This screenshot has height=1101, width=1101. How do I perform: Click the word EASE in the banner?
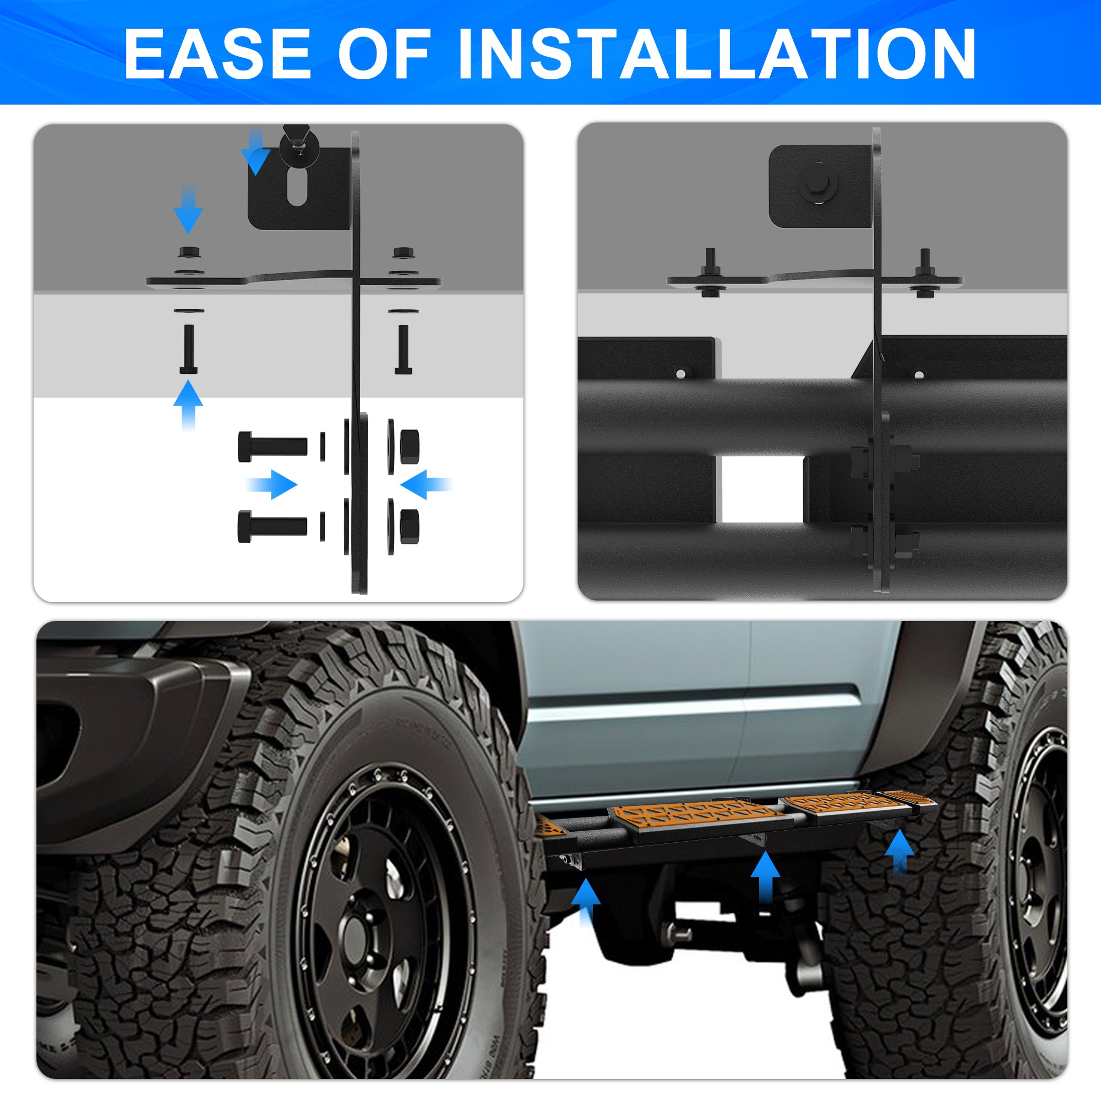(217, 53)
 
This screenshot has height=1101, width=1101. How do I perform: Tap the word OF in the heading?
(384, 53)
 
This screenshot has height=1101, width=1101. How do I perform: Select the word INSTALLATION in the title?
(717, 53)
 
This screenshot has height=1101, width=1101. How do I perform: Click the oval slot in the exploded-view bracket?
(296, 187)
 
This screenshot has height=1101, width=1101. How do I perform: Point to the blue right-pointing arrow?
(272, 484)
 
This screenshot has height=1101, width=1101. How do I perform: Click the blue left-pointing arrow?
(426, 484)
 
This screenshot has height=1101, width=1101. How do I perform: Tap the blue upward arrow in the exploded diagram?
(188, 405)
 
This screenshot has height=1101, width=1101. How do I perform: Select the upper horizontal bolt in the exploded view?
(272, 447)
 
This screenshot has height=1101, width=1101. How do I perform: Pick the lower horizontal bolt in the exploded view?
(272, 526)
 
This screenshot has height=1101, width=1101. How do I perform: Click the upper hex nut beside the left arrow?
(410, 447)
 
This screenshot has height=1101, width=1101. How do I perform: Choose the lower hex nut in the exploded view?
(410, 525)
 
